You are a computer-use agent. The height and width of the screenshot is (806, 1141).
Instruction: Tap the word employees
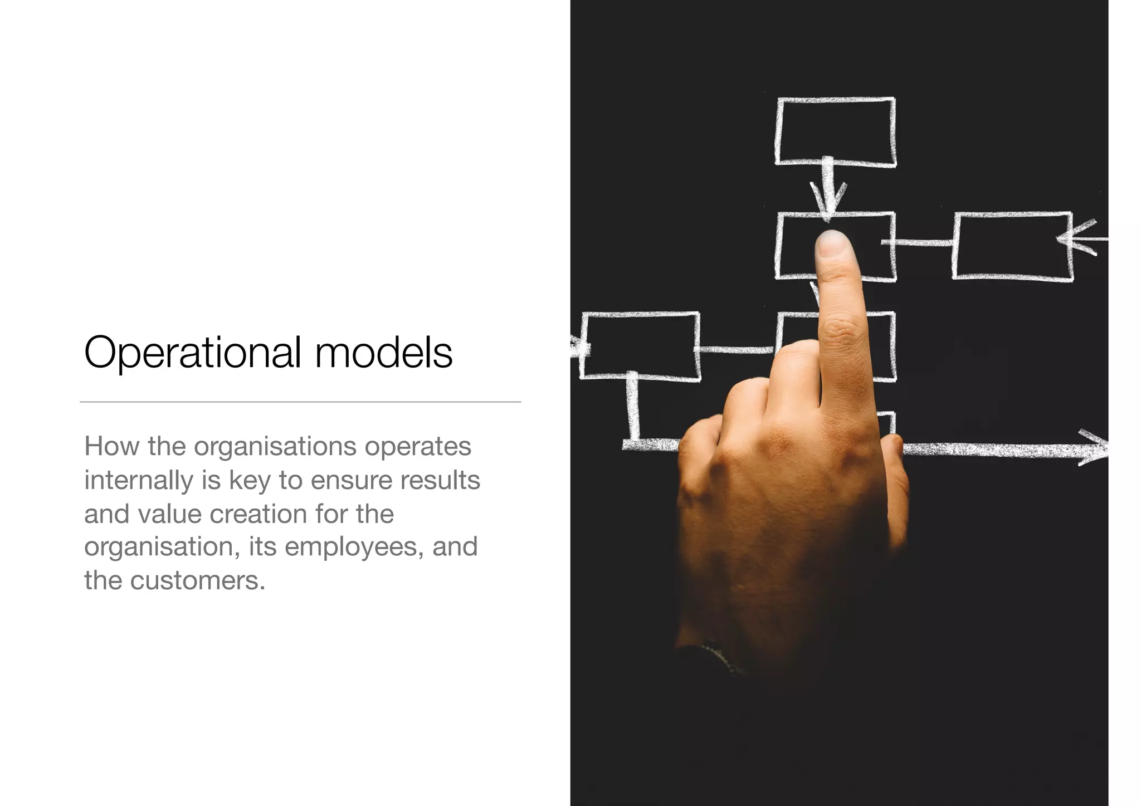350,547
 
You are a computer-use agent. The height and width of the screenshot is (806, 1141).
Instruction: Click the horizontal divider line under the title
300,402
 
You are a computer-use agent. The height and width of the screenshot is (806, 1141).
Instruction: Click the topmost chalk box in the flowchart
836,131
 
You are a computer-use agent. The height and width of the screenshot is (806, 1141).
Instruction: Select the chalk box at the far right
1012,245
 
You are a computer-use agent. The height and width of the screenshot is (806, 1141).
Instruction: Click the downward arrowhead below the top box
828,201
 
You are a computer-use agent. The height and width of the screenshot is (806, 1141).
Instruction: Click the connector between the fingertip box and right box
924,242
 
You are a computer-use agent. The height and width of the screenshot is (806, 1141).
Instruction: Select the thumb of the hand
895,485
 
